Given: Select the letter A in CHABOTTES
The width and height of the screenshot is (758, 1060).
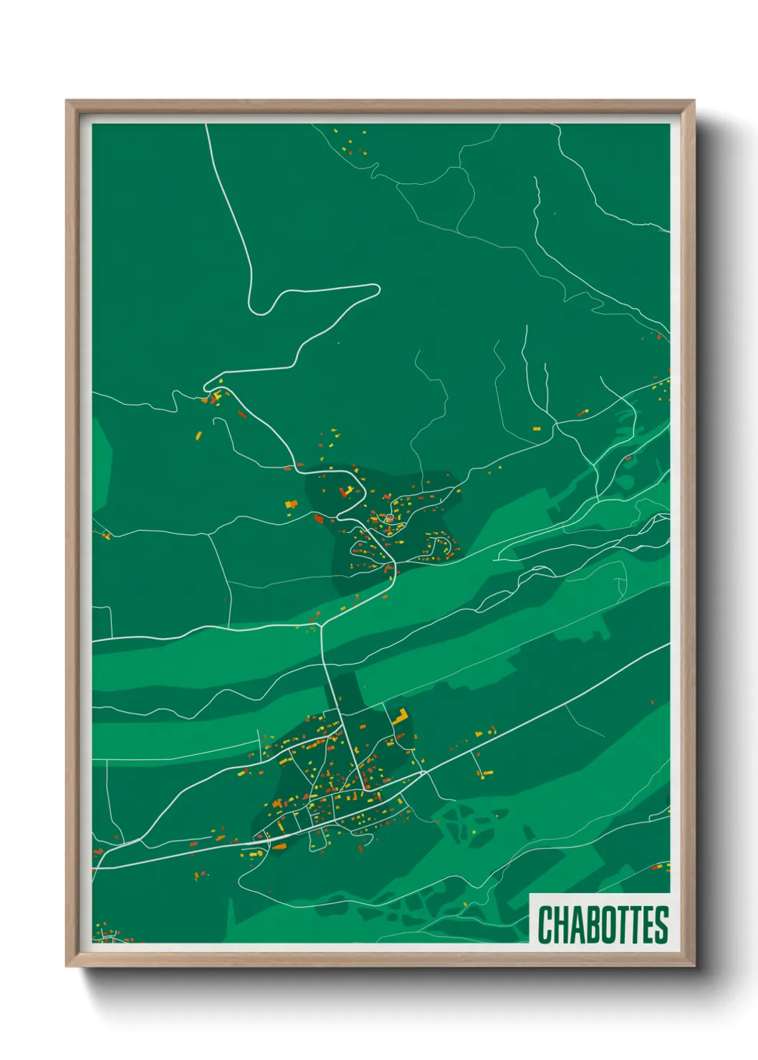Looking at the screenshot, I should coord(580,925).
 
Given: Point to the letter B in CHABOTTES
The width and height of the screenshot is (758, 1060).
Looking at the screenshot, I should coord(595,925).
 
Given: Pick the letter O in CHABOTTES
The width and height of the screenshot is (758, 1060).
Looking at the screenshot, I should coord(611,925).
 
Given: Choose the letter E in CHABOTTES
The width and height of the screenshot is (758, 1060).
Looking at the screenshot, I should coord(648,925).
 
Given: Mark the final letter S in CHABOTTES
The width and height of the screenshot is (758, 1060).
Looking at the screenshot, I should coord(662,925).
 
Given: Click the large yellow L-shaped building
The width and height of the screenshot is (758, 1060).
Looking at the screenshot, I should coord(399,715).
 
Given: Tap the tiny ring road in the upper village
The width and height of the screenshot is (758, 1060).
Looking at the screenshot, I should coord(388,518).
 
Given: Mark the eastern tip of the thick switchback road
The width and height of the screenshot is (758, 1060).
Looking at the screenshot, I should coord(378,289).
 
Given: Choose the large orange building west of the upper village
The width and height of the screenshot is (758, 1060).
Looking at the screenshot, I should coord(291,504).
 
